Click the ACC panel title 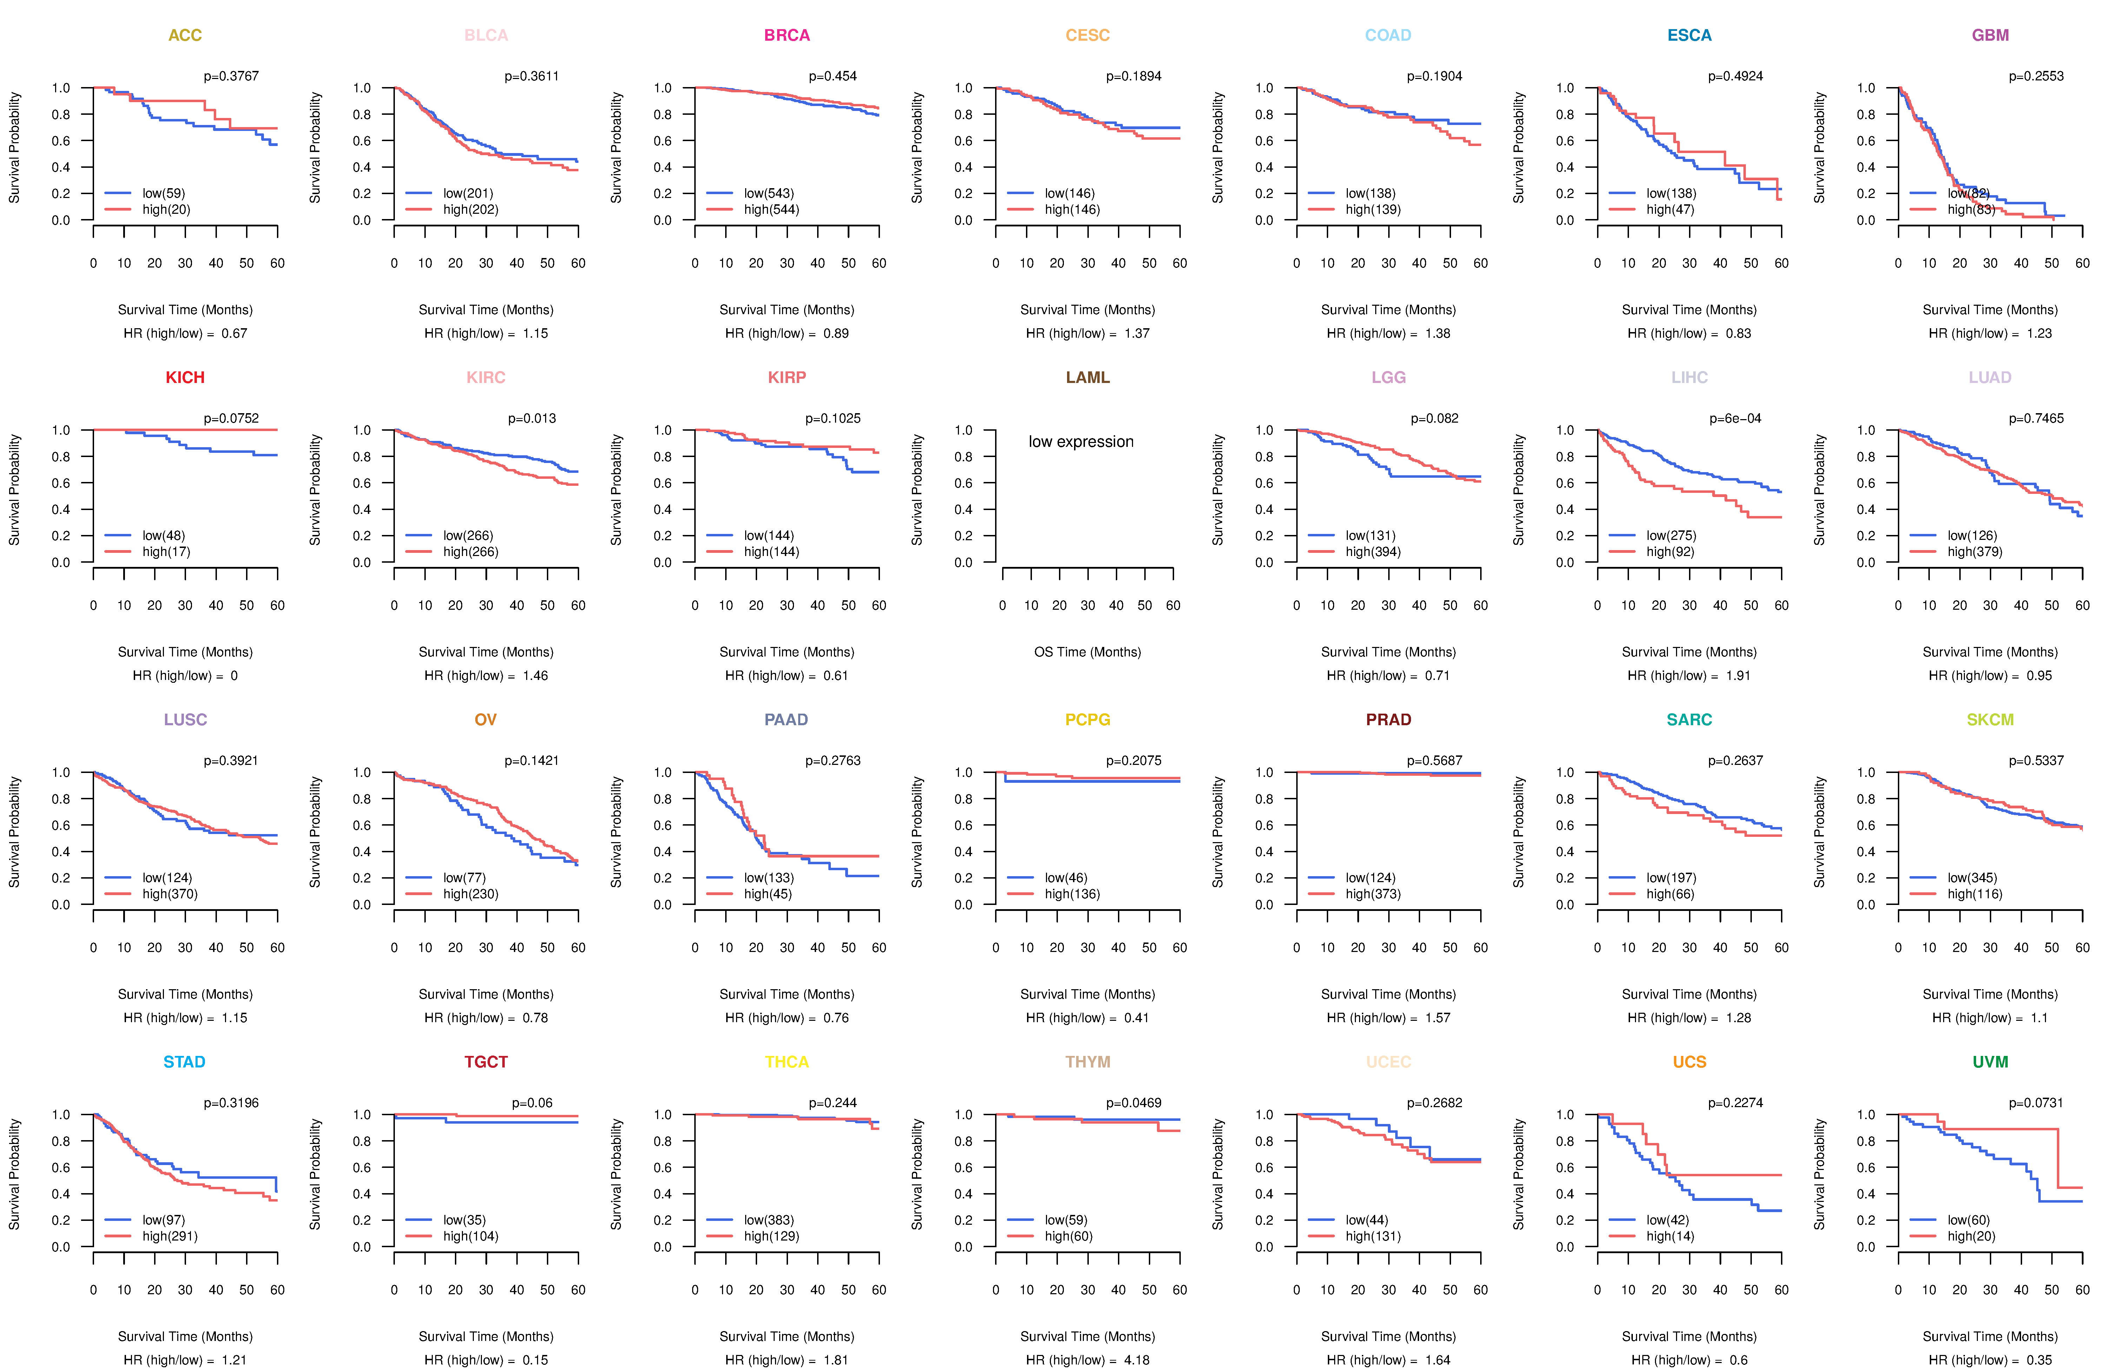(x=185, y=35)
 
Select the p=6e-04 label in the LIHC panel (x=1734, y=418)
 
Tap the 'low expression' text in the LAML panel (x=1080, y=442)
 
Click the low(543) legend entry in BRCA (x=768, y=193)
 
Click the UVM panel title (x=1990, y=1062)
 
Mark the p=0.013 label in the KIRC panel (x=532, y=418)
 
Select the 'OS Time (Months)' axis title (x=1087, y=652)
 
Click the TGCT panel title (x=486, y=1062)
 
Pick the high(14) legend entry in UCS (x=1670, y=1236)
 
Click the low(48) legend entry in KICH (x=163, y=535)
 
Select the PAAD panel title (x=786, y=720)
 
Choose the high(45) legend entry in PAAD (x=767, y=894)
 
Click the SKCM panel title (x=1990, y=720)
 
